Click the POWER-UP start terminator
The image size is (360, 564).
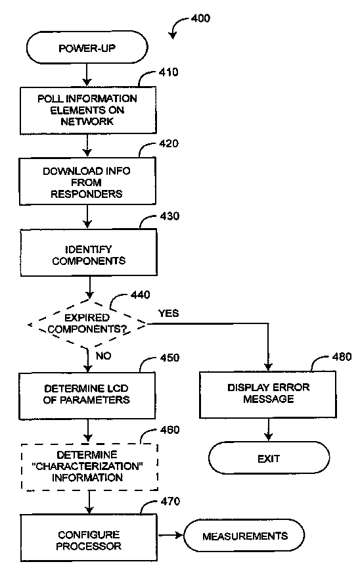click(87, 47)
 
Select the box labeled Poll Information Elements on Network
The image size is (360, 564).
click(88, 110)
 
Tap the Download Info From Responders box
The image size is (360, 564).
click(87, 181)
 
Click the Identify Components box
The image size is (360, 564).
click(89, 253)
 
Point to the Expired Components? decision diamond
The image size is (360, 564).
click(87, 324)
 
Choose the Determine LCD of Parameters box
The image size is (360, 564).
click(87, 396)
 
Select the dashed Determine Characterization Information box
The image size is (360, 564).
click(89, 467)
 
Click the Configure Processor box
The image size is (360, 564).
click(89, 538)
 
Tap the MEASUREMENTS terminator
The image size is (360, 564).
click(244, 536)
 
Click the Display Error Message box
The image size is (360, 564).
click(268, 394)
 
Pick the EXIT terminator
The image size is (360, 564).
click(269, 458)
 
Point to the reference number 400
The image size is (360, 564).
click(200, 18)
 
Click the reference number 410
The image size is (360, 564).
click(168, 72)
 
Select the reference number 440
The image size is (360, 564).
click(141, 295)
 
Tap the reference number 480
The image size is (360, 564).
click(342, 357)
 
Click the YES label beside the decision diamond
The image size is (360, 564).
click(169, 314)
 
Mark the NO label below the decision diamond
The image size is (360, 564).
click(104, 356)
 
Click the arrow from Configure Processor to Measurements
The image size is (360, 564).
click(171, 536)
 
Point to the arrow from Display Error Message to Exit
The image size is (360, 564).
click(268, 430)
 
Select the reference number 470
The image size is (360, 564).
click(170, 502)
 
